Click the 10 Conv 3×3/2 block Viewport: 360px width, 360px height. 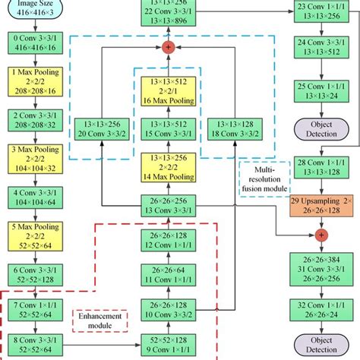tap(174, 311)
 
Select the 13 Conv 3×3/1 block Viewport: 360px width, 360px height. tap(174, 205)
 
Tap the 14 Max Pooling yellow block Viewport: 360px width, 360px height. tap(174, 168)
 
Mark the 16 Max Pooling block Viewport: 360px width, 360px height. tap(174, 90)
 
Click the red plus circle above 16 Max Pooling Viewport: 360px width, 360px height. tap(168, 47)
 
